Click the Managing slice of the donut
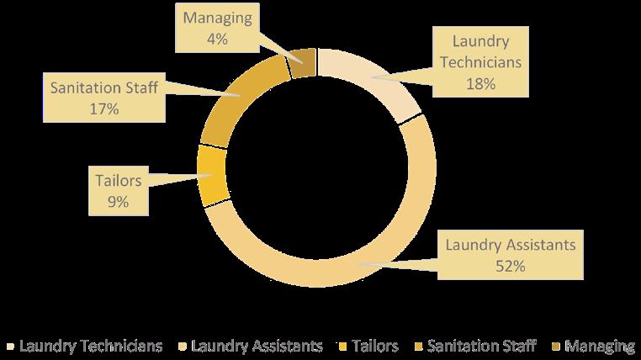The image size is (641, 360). click(x=304, y=63)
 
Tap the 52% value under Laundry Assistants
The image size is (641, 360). click(x=510, y=266)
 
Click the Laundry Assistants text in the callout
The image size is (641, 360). click(x=510, y=246)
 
